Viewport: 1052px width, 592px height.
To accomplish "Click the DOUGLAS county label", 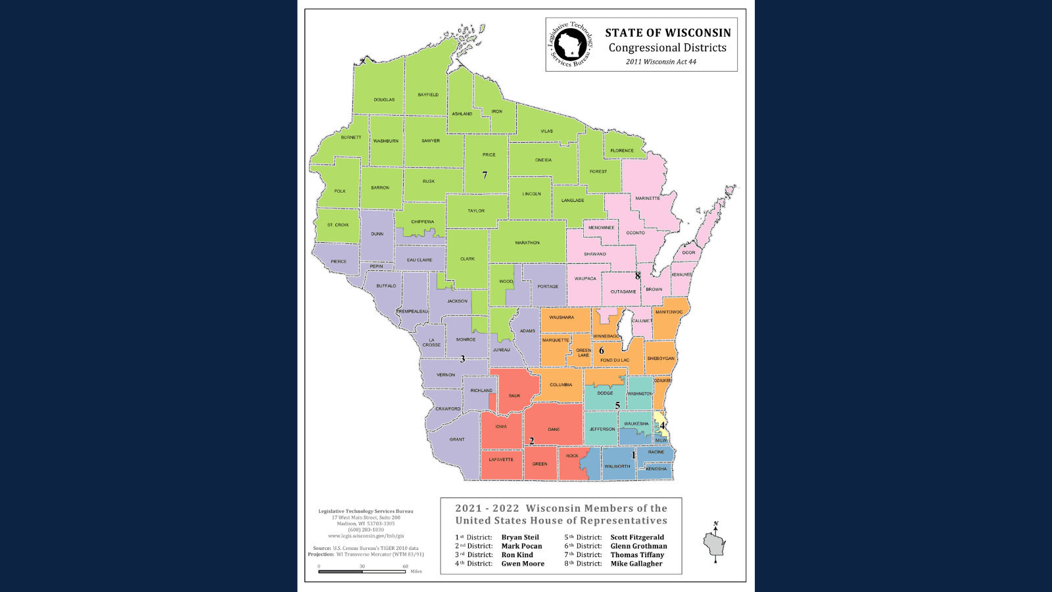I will [x=384, y=100].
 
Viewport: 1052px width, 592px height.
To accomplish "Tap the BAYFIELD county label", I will [x=428, y=95].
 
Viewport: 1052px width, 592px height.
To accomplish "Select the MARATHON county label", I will [x=527, y=243].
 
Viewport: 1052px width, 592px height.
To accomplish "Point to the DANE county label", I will [x=554, y=430].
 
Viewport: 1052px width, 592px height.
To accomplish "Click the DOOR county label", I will [x=688, y=253].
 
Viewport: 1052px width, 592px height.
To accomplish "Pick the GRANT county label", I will [x=457, y=439].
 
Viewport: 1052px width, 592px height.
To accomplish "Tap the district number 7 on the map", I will [x=485, y=175].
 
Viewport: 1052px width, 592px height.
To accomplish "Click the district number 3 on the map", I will [x=463, y=359].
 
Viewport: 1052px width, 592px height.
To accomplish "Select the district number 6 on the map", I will [x=602, y=351].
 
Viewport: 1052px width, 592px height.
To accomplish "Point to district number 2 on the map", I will [x=532, y=441].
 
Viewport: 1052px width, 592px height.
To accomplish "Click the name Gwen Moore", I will [x=523, y=564].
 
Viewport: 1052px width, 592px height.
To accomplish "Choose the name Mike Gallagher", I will [x=636, y=564].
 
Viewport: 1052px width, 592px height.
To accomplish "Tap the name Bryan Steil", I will [x=520, y=537].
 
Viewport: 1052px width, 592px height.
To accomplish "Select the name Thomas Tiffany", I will [x=637, y=555].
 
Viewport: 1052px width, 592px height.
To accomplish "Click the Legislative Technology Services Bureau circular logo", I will [x=570, y=45].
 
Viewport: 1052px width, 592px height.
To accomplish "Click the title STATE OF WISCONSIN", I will [x=668, y=33].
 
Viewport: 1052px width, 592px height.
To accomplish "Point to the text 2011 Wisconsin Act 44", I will [x=661, y=62].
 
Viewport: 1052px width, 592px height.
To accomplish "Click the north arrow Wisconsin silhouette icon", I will [x=715, y=543].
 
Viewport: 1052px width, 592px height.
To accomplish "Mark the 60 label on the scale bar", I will [x=405, y=566].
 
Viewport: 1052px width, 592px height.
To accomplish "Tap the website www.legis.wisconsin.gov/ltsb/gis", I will [x=366, y=536].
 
